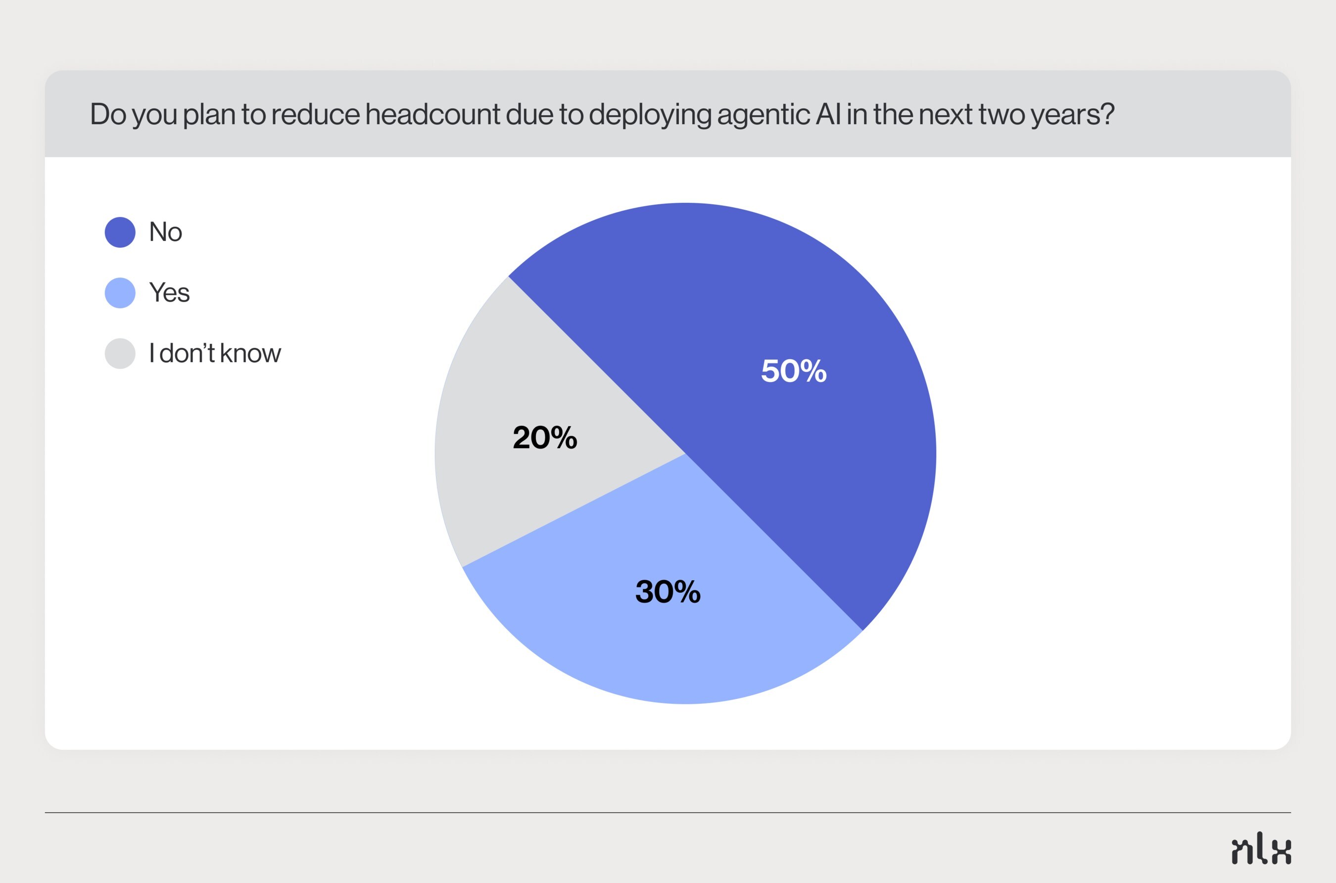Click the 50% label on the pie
tap(794, 371)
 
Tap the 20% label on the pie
tap(545, 438)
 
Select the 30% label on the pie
tap(668, 592)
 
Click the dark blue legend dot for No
tap(120, 232)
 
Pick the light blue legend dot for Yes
tap(120, 293)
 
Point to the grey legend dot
tap(120, 354)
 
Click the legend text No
tap(166, 232)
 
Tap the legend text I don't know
tap(215, 353)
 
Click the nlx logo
tap(1262, 850)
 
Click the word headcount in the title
tap(432, 114)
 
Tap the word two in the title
tap(1002, 115)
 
